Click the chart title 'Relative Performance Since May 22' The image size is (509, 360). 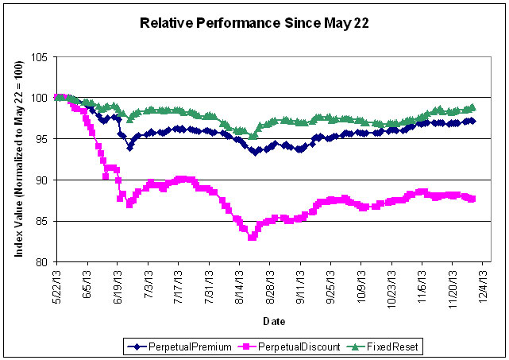click(254, 22)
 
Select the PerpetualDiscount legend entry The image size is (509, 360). click(275, 346)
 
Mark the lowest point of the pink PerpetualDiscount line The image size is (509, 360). click(252, 237)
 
